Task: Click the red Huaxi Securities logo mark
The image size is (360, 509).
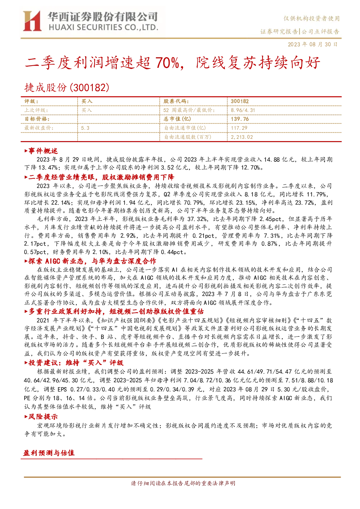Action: click(32, 21)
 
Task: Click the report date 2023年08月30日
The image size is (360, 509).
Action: click(313, 44)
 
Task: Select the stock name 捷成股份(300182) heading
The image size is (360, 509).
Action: click(67, 87)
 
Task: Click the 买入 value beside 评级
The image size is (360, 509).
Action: click(87, 102)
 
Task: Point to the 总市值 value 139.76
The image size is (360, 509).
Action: click(240, 119)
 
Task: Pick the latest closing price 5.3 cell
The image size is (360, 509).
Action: click(85, 128)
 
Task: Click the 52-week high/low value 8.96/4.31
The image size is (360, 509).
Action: click(243, 111)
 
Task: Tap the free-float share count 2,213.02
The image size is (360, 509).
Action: click(242, 137)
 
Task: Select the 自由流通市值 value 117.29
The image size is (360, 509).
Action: click(239, 128)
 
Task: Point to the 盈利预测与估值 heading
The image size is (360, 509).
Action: click(49, 453)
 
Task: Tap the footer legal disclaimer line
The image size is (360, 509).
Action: click(183, 483)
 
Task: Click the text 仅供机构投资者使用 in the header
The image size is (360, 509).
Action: click(311, 18)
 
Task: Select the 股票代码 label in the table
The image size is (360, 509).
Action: click(176, 102)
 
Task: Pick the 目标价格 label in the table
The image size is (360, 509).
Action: click(37, 119)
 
